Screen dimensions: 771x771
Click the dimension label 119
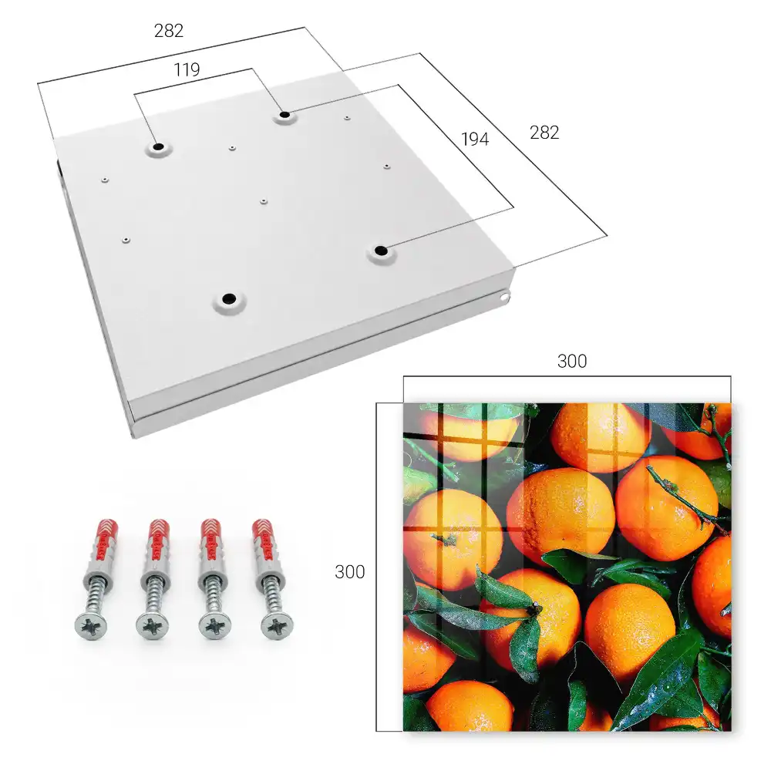tap(187, 70)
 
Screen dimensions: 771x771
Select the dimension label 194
tap(475, 140)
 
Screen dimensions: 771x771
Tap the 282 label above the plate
tap(169, 31)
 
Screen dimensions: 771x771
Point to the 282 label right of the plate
tap(544, 133)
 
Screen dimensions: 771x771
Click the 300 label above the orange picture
tap(572, 362)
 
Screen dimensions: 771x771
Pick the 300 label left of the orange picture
tap(349, 572)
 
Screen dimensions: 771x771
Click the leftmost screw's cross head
tap(91, 626)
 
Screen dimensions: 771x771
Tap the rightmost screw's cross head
tap(277, 626)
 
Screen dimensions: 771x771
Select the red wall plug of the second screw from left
tap(159, 541)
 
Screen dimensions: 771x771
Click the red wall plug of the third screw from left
tap(211, 541)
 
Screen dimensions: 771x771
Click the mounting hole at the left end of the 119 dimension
tap(158, 147)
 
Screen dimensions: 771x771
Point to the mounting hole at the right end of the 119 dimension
tap(284, 116)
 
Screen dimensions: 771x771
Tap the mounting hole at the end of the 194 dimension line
tap(380, 251)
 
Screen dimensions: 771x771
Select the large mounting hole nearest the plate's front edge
tap(229, 298)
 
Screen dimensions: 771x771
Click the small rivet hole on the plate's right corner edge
tap(503, 297)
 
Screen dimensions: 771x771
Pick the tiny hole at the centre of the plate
tap(264, 201)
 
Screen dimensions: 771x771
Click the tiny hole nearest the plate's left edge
tap(105, 180)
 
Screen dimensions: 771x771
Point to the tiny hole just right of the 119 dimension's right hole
tap(347, 118)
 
